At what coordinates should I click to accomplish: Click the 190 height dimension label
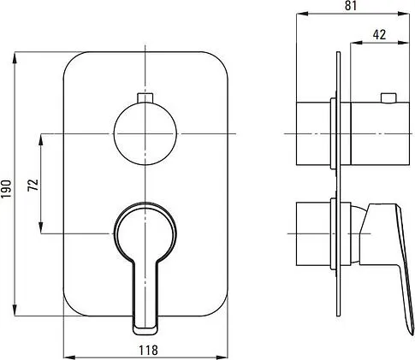click(6, 188)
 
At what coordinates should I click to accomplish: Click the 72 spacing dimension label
click(33, 185)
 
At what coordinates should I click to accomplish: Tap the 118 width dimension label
click(148, 350)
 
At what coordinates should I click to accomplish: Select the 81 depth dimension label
click(351, 5)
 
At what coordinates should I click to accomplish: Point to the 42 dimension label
click(379, 34)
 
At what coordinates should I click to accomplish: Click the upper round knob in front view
click(145, 133)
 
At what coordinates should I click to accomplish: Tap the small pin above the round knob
click(145, 97)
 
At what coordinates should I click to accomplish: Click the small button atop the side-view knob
click(388, 97)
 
